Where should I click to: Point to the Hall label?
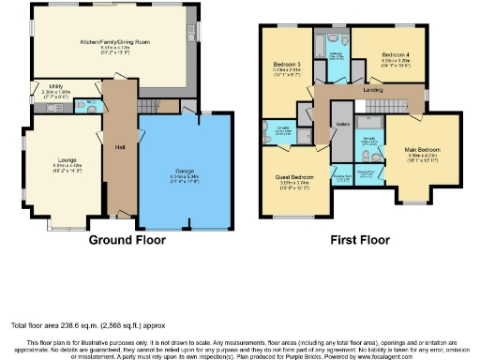(x=120, y=146)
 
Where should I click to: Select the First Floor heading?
(x=361, y=240)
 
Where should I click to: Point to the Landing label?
(x=371, y=90)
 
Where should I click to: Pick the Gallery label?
(x=342, y=123)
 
